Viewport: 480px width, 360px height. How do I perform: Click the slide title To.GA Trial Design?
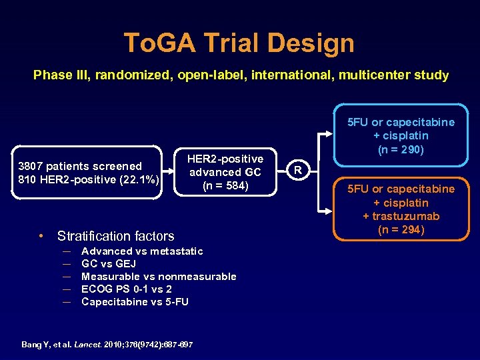239,43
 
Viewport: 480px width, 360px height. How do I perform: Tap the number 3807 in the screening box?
33,166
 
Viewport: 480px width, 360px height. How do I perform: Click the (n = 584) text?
225,185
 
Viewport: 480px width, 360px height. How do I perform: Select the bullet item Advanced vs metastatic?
141,251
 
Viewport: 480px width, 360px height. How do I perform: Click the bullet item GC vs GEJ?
109,264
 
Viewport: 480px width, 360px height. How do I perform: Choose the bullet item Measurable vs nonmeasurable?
159,277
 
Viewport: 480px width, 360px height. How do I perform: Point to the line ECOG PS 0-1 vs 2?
126,289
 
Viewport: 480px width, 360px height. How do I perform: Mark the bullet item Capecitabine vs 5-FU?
135,302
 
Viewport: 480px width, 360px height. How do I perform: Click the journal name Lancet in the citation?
85,345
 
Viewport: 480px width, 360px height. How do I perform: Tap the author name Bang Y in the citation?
32,345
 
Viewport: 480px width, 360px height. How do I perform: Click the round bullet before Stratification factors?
41,236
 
